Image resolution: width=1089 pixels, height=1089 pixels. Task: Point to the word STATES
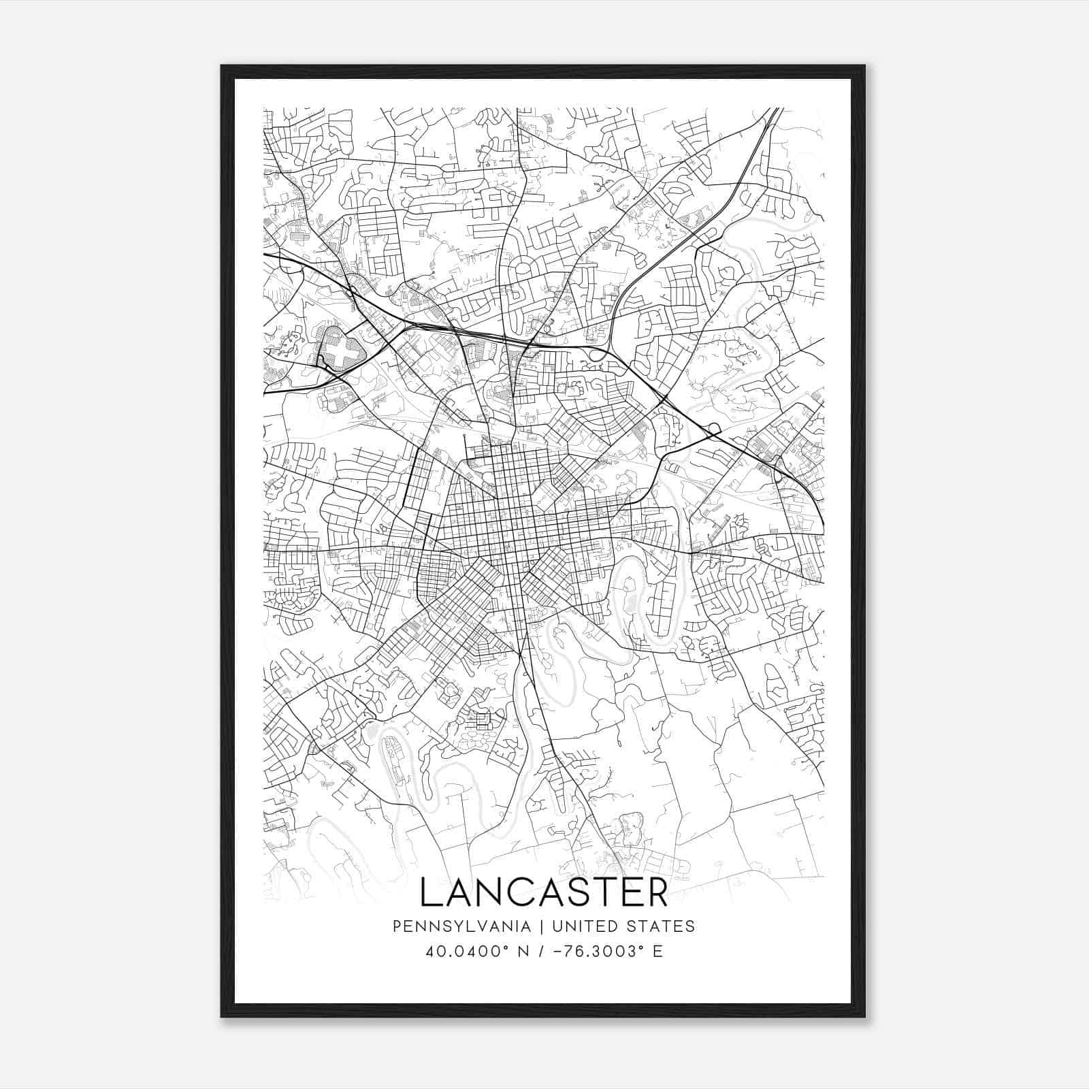(x=662, y=926)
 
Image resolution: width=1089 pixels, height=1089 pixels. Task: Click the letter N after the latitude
(x=523, y=952)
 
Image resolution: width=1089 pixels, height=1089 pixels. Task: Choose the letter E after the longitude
(x=657, y=952)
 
